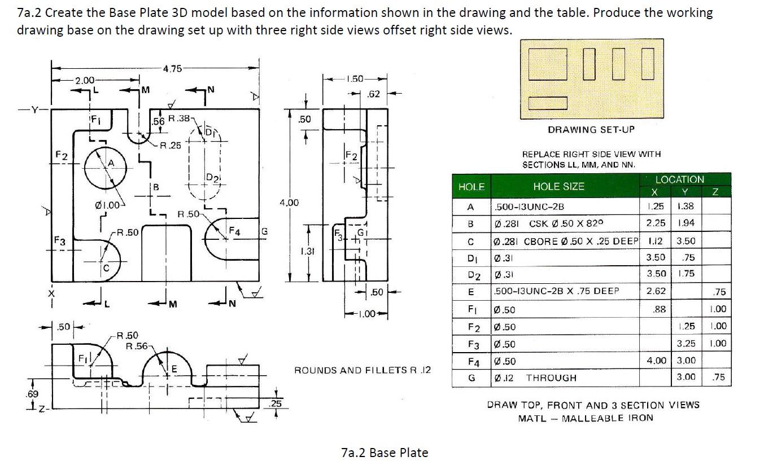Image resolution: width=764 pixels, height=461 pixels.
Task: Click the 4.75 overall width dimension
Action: (x=172, y=69)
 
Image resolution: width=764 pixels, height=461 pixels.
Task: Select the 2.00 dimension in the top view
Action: (x=85, y=81)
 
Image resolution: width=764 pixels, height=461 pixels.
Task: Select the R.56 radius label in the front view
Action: (x=136, y=345)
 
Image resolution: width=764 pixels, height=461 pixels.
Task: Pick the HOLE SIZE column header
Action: (x=558, y=186)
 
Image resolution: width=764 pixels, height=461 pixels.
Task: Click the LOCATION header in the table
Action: (x=679, y=179)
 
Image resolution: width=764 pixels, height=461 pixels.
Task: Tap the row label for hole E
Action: (x=470, y=291)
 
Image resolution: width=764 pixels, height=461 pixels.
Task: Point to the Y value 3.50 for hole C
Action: (x=686, y=241)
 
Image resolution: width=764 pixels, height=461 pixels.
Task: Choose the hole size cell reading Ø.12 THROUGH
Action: (x=535, y=377)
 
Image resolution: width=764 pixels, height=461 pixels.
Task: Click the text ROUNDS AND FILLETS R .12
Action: (x=362, y=370)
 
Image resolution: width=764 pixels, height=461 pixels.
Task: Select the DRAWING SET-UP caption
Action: (x=591, y=129)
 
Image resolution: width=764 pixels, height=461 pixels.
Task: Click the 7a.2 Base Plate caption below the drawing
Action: (x=385, y=452)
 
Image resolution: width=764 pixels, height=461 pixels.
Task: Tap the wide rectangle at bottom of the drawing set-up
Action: (x=548, y=103)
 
